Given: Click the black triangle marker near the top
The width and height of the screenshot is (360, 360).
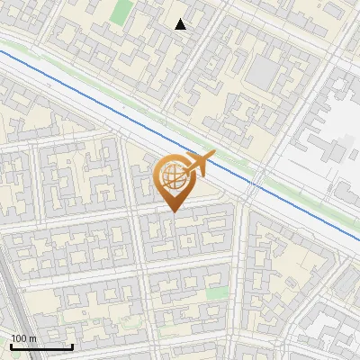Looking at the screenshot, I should tap(181, 24).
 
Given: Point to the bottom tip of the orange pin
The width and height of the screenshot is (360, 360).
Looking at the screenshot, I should tap(172, 211).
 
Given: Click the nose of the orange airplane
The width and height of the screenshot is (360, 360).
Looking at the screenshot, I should tap(213, 156).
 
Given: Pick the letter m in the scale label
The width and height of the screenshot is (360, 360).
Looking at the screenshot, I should tap(32, 338).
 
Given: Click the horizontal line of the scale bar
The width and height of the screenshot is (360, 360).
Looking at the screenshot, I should tap(41, 346).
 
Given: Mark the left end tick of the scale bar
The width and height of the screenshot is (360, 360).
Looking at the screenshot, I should tap(11, 345).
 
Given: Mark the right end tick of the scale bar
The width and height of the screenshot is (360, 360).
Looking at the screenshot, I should tap(72, 345).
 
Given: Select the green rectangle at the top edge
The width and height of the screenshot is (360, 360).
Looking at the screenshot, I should tap(121, 12).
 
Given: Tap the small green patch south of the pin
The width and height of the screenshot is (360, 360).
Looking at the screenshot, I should tap(216, 293).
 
